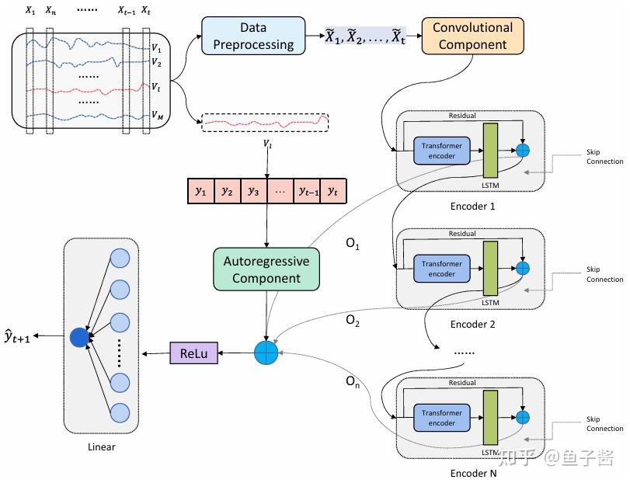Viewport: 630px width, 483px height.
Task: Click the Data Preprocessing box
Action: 253,36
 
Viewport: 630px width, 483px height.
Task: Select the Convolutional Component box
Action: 472,36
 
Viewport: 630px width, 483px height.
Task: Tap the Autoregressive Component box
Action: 266,269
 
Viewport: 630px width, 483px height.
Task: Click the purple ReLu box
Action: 194,354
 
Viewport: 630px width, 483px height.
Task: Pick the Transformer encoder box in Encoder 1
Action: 442,150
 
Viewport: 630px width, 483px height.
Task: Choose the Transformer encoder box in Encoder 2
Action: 442,269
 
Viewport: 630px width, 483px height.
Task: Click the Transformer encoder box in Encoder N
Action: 442,418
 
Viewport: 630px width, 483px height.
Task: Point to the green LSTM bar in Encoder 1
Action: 490,151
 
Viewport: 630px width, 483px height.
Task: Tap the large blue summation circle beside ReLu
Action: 266,354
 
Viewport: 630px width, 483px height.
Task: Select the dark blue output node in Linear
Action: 79,337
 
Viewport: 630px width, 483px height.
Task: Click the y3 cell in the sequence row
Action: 252,191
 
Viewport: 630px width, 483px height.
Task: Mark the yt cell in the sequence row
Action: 333,191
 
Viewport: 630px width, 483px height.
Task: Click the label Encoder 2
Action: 472,325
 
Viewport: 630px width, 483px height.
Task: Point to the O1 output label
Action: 353,243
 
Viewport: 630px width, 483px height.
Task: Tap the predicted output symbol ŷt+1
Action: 17,335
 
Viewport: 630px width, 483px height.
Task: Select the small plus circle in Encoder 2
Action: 523,268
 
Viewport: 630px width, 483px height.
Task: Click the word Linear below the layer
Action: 103,447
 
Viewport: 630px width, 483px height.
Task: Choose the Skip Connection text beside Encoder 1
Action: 604,157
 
